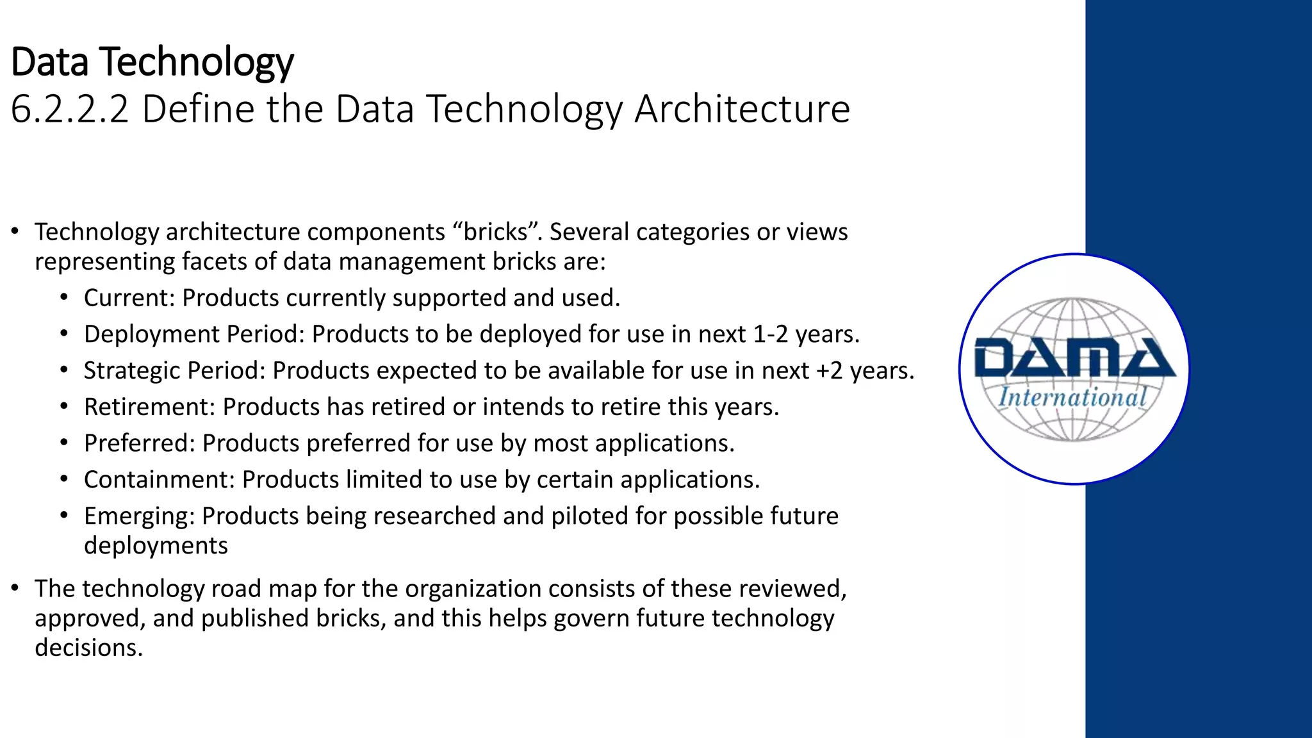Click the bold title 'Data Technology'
[152, 62]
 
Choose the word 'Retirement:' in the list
[149, 407]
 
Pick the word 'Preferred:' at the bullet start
[139, 443]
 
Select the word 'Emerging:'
[139, 516]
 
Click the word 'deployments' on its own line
[156, 546]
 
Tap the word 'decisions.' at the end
[88, 648]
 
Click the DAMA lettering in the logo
[1074, 358]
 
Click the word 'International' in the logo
[1072, 398]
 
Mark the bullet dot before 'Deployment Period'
[63, 334]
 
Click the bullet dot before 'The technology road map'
[15, 588]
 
